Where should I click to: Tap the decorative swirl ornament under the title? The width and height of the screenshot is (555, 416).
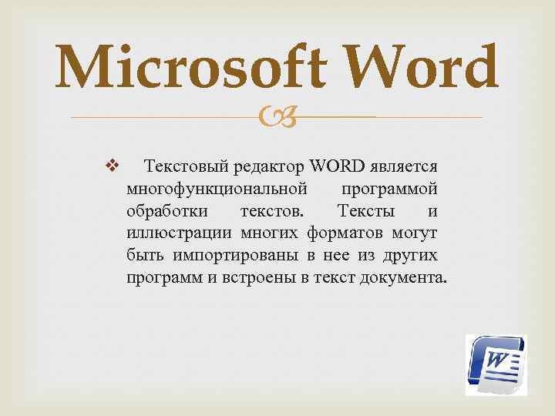click(276, 118)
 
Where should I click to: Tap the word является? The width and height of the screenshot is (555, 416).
click(405, 166)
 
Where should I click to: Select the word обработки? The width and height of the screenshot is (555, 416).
click(160, 210)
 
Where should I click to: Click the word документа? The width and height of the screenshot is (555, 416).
click(402, 277)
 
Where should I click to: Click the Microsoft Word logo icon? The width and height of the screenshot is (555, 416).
click(496, 364)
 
